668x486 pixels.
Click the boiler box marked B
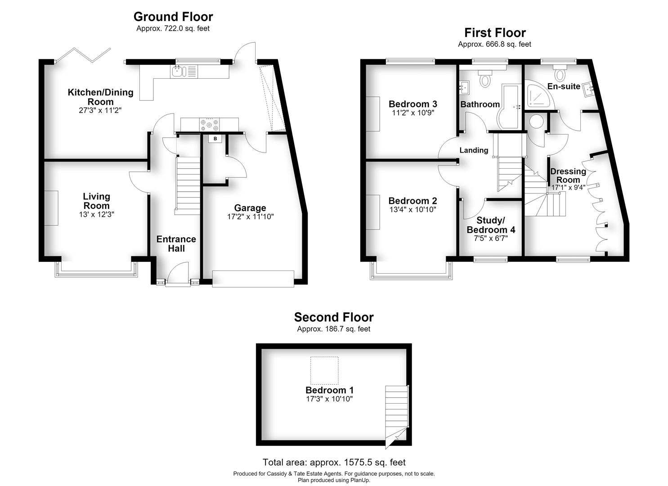[215, 139]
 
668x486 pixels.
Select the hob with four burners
[209, 125]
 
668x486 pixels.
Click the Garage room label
[250, 207]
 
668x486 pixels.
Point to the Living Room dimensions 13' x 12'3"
[96, 214]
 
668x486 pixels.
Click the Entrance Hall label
[176, 243]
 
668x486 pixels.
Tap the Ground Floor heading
[173, 17]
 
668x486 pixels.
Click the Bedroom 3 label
[413, 104]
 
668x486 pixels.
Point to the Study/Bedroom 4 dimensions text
[491, 238]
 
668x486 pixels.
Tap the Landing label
[474, 150]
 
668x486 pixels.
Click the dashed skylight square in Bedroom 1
[324, 370]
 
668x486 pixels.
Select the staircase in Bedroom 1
[397, 416]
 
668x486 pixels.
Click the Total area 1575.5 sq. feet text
[334, 462]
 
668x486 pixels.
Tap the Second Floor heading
[334, 317]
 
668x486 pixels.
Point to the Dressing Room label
[568, 175]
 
